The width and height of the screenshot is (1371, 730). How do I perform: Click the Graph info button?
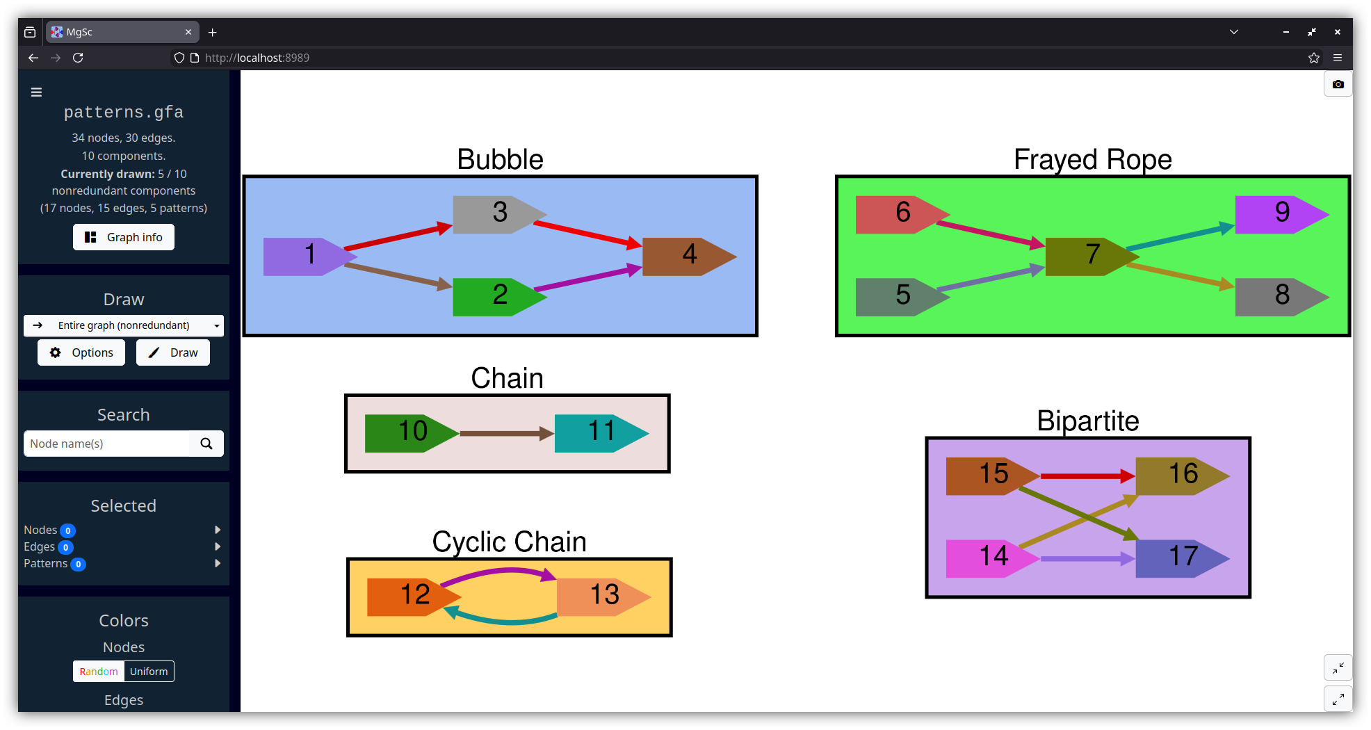[x=124, y=237]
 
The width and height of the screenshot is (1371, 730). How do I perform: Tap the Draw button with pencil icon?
[x=173, y=352]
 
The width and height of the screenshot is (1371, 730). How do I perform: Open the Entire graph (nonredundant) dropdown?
[x=124, y=325]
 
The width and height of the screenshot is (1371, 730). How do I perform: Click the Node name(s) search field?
[x=106, y=444]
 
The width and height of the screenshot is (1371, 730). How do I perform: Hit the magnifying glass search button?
[x=206, y=444]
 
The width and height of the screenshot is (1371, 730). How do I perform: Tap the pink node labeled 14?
[x=988, y=558]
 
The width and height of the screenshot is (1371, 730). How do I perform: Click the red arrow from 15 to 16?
[x=1085, y=476]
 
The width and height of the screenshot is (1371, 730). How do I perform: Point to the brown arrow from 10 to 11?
[x=504, y=433]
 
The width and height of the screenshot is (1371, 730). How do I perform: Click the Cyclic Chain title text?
[x=509, y=542]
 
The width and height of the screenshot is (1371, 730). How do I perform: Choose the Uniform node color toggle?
[x=149, y=672]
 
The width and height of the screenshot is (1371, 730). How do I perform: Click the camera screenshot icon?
[x=1338, y=84]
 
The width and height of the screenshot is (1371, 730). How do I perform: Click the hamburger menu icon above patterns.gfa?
[x=37, y=92]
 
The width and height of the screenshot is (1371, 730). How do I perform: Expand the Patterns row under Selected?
[x=218, y=563]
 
